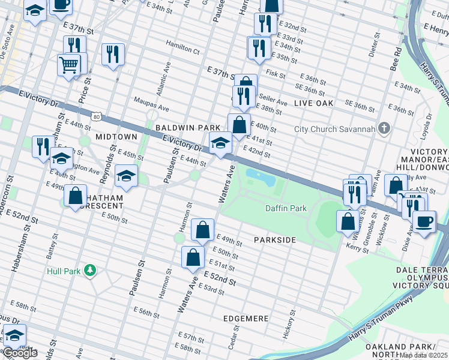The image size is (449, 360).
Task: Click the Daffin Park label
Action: [x=286, y=208]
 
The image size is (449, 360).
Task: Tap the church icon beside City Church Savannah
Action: [x=385, y=129]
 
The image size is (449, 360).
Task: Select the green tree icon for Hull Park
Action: [x=90, y=271]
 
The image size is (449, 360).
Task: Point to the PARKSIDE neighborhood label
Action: [x=275, y=240]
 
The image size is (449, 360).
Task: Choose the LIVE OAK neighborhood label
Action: [x=313, y=104]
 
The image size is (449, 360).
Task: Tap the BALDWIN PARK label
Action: [x=180, y=128]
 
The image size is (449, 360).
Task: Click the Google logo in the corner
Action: [x=20, y=353]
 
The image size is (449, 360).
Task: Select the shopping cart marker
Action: [x=69, y=64]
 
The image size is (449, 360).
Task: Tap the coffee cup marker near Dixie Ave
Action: [x=424, y=221]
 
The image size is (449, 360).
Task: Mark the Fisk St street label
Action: [x=276, y=74]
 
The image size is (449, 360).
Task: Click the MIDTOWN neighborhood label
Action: [x=112, y=137]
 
